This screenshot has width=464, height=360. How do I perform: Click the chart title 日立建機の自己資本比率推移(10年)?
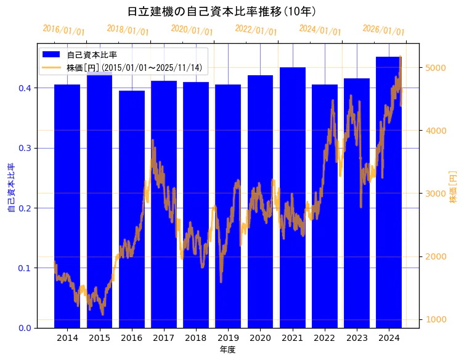click(222, 12)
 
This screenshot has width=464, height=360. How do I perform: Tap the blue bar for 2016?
click(132, 209)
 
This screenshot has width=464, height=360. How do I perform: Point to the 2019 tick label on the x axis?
click(228, 338)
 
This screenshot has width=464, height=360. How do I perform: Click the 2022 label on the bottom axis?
click(325, 338)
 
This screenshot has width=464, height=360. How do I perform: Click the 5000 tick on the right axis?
click(435, 67)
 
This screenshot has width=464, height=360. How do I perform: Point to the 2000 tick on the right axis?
click(435, 256)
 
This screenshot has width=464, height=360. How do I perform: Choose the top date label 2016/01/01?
click(63, 30)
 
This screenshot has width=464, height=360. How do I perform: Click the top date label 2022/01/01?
click(256, 30)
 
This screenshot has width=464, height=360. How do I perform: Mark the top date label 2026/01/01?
click(383, 30)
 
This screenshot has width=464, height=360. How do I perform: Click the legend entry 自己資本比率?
click(92, 55)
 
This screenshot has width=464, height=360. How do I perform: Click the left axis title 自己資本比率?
click(10, 188)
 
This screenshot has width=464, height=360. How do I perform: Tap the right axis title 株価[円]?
click(454, 188)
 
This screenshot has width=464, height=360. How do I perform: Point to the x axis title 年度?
click(227, 350)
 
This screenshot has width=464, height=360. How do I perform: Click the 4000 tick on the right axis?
click(435, 131)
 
